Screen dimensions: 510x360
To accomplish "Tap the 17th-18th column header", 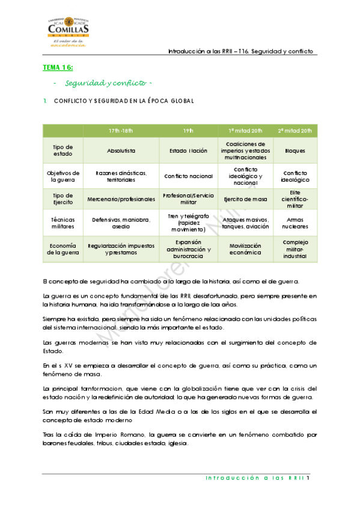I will [121, 131].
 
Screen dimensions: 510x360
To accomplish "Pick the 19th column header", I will [188, 131].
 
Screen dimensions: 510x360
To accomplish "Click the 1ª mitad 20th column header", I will [245, 131].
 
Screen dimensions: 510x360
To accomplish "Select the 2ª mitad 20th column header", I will [294, 131].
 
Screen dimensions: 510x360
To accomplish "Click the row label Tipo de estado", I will [63, 150].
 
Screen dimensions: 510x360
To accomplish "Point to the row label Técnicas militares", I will [63, 224].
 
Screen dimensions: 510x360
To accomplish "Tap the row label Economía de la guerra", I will [63, 249].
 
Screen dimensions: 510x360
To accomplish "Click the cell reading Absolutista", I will [121, 151].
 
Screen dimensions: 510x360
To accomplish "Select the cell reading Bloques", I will [295, 151].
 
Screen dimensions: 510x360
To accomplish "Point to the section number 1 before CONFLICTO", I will [44, 100].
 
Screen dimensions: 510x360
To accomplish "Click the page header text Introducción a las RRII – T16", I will [241, 52].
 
